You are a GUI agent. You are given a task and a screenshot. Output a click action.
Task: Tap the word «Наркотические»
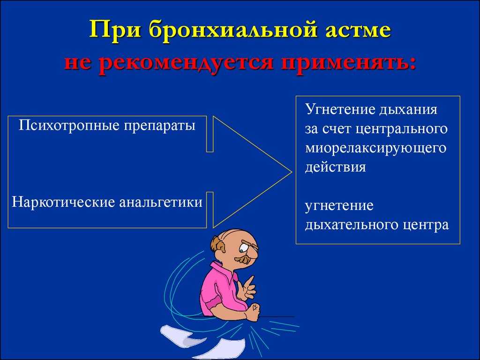click(x=63, y=202)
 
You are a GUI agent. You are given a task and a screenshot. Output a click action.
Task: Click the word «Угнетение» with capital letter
click(x=339, y=110)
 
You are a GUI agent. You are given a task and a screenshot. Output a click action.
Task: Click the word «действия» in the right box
click(x=335, y=168)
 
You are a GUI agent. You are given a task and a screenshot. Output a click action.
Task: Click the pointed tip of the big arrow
click(x=291, y=172)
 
